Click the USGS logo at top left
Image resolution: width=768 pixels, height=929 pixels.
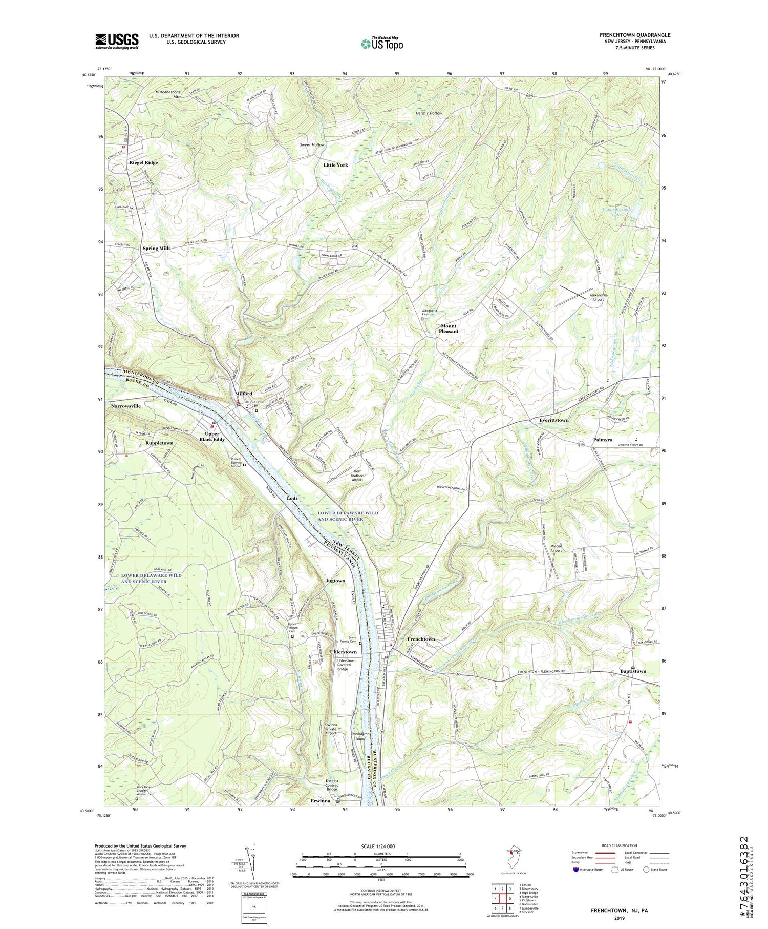pyautogui.click(x=117, y=41)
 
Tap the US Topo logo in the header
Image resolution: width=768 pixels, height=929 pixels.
pyautogui.click(x=381, y=44)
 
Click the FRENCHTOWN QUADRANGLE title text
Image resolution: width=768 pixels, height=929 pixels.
pyautogui.click(x=635, y=35)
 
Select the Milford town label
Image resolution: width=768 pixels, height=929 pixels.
pyautogui.click(x=244, y=394)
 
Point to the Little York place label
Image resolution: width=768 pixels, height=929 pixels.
pyautogui.click(x=335, y=165)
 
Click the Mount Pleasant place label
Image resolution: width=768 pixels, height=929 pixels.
pyautogui.click(x=449, y=328)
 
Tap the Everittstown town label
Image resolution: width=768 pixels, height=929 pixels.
pyautogui.click(x=554, y=420)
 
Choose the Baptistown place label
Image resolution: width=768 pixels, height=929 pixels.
pyautogui.click(x=633, y=671)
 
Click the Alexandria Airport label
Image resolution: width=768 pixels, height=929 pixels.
pyautogui.click(x=598, y=297)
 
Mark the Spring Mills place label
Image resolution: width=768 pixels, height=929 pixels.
pyautogui.click(x=157, y=248)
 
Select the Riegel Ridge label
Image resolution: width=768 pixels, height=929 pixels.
pyautogui.click(x=143, y=162)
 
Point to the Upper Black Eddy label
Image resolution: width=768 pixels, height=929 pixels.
pyautogui.click(x=212, y=437)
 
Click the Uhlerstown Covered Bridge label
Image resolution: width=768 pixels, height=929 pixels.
pyautogui.click(x=350, y=665)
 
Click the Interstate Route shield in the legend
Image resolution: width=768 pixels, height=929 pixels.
pyautogui.click(x=576, y=870)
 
